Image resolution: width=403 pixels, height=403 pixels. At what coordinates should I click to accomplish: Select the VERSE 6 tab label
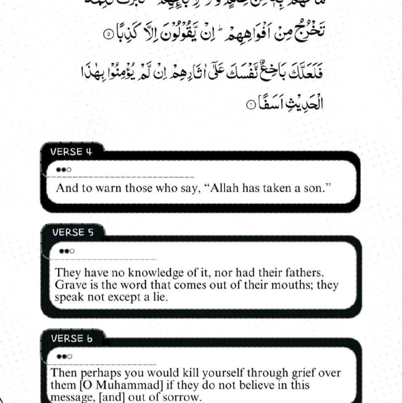[72, 339]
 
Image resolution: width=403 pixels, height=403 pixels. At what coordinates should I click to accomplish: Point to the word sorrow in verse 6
[183, 397]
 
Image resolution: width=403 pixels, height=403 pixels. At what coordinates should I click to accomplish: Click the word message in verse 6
[69, 398]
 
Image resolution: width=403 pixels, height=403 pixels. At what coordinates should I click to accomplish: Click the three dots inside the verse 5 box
[67, 251]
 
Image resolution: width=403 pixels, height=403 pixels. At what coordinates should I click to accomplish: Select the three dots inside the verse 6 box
[64, 356]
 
